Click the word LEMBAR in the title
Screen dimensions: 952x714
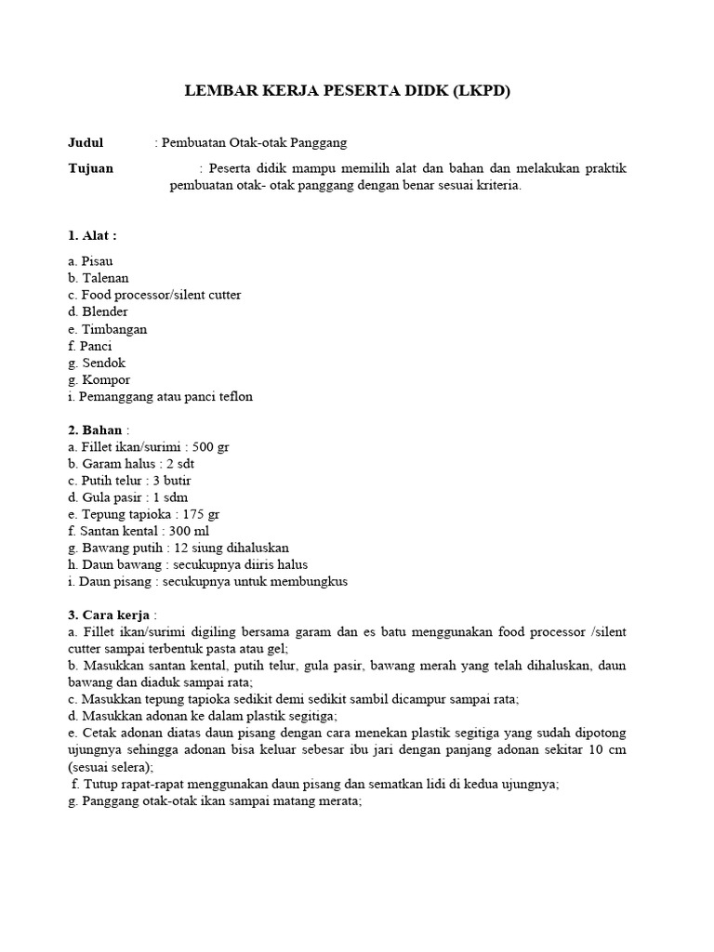[x=216, y=92]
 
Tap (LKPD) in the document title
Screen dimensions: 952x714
[x=480, y=92]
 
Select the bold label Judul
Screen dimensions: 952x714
[x=86, y=143]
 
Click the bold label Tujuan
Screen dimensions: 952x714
[x=91, y=168]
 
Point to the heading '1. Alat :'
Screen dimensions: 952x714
[x=92, y=235]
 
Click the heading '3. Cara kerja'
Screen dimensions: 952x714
[x=109, y=615]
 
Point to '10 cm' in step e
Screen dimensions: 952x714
[x=609, y=750]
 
